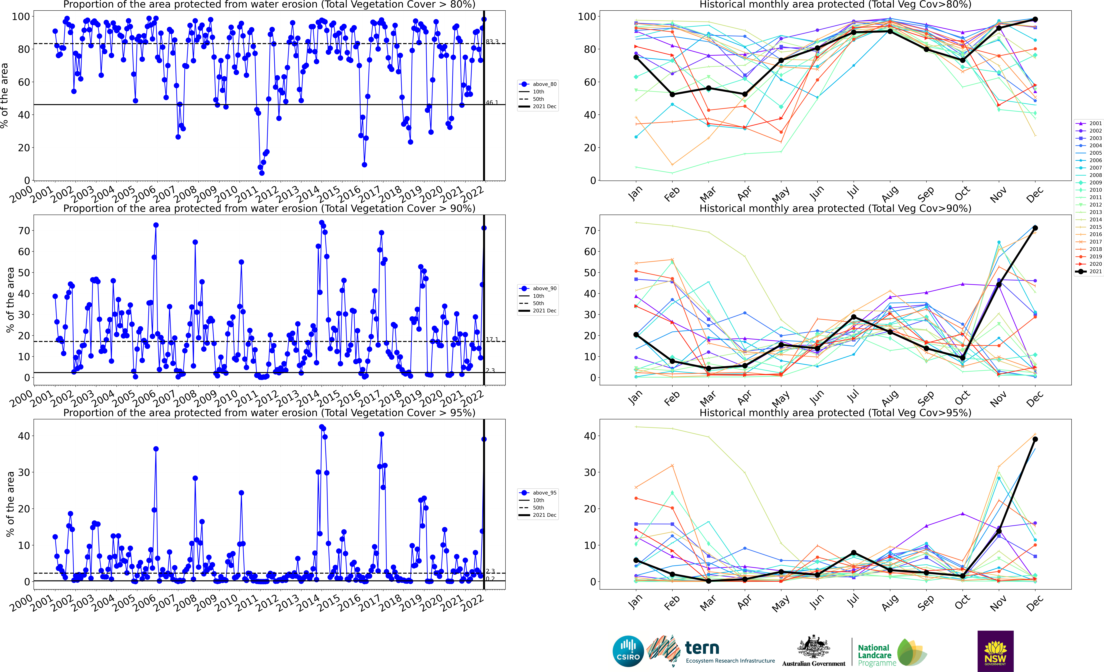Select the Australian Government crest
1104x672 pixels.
coord(813,647)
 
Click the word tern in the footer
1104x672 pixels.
coord(702,648)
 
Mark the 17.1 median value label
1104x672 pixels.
coord(492,340)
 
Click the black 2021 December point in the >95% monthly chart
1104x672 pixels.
coord(1035,439)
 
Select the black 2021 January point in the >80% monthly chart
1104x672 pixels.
coord(636,57)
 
